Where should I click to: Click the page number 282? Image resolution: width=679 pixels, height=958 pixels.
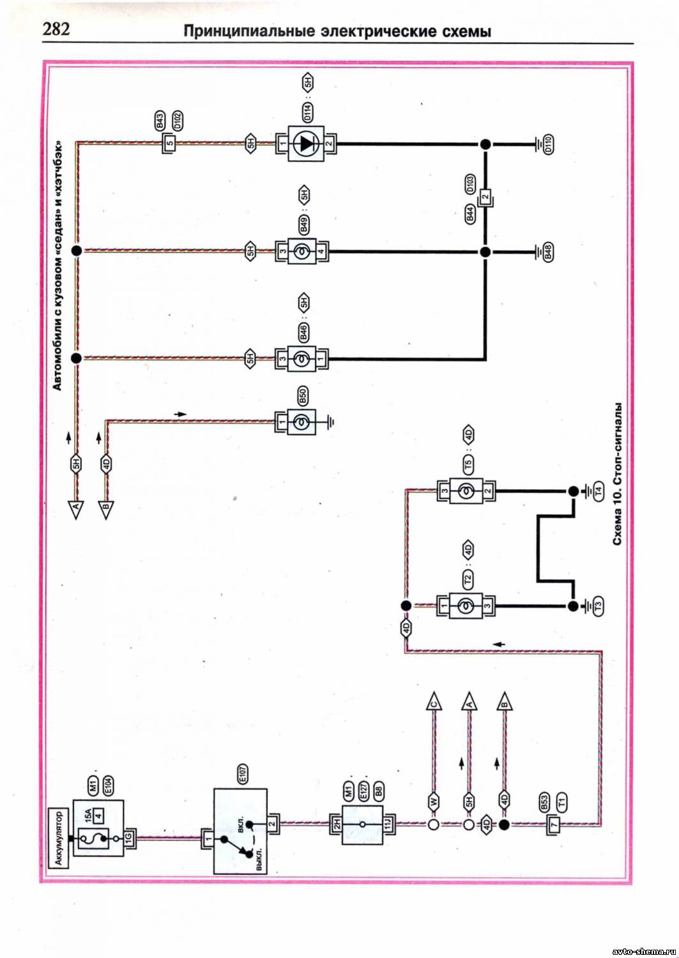click(56, 29)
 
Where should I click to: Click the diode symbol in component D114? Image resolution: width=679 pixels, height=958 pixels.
click(307, 144)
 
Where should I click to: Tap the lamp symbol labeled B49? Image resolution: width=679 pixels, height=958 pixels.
click(301, 251)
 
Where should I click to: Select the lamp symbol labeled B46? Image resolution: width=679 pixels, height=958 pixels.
click(301, 358)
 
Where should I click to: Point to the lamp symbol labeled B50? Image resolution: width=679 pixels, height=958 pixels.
click(301, 422)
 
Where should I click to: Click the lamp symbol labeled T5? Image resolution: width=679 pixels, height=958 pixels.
click(465, 491)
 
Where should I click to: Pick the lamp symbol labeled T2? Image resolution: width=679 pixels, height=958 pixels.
click(465, 605)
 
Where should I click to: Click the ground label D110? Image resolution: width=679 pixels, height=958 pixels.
click(548, 145)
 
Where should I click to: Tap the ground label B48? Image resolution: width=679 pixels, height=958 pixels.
click(548, 253)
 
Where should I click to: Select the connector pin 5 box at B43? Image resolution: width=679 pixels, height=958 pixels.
click(171, 143)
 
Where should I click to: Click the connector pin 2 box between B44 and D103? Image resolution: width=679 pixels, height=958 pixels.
click(485, 197)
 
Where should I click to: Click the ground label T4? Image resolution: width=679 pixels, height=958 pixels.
click(598, 491)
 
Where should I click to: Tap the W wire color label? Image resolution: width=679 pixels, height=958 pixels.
click(434, 800)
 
